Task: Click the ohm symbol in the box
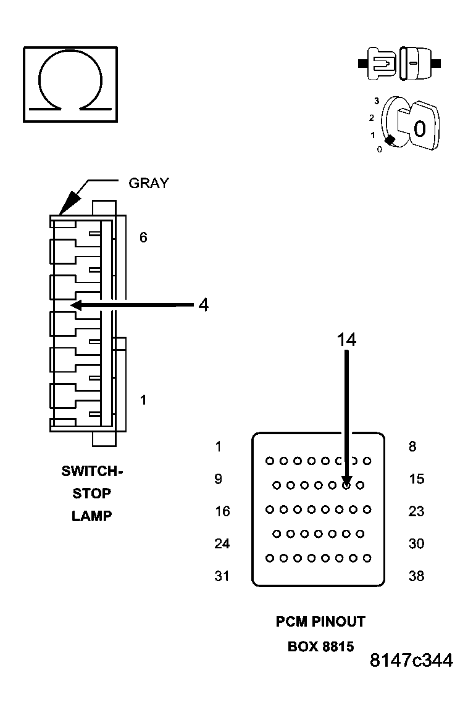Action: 70,83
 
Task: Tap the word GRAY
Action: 148,183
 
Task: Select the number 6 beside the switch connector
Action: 143,237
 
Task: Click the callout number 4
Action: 204,305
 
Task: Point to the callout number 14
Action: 346,340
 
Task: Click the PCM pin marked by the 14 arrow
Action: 346,485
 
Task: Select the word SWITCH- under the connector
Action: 92,472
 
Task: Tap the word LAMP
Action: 92,516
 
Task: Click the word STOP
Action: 92,494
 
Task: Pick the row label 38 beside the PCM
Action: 417,576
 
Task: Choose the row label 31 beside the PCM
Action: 222,576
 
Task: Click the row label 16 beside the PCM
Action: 222,511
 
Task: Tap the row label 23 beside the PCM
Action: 417,511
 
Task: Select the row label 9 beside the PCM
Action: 219,479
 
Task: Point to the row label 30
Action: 417,544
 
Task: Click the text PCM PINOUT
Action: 320,622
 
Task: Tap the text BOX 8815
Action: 320,647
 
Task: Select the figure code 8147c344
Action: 411,661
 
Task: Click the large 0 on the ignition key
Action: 420,130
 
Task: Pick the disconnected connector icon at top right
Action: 399,63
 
